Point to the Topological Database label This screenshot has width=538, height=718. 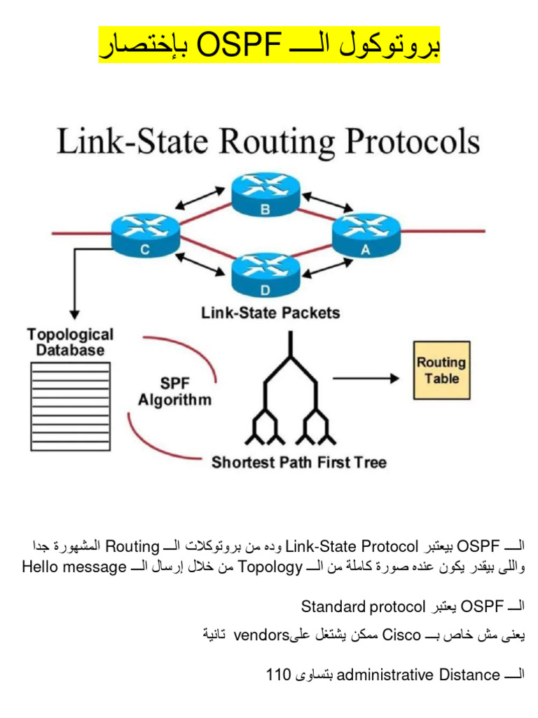coord(70,342)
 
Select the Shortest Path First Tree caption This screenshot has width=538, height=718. coord(299,462)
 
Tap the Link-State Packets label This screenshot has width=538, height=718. coord(270,313)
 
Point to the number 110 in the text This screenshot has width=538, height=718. coord(278,675)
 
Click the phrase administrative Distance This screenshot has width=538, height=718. coord(418,675)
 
